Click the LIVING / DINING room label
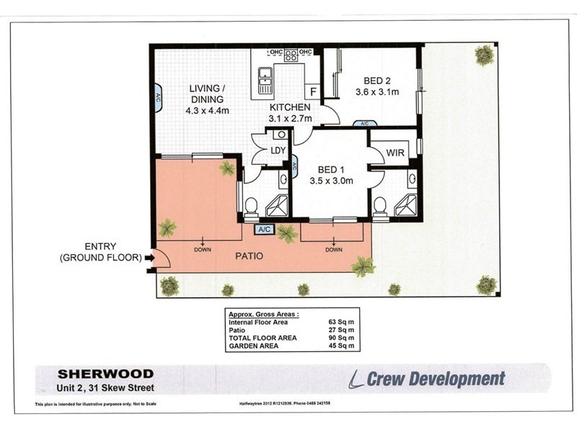[206, 94]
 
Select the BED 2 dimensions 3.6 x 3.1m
[377, 92]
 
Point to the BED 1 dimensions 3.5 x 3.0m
[331, 181]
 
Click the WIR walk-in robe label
[395, 153]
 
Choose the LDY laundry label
[278, 150]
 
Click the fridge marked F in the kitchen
[313, 91]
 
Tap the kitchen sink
[265, 76]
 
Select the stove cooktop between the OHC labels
[291, 55]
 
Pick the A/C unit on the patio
[265, 229]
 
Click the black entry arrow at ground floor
[149, 256]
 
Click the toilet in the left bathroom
[251, 207]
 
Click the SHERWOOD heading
[105, 374]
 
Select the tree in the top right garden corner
[485, 55]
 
